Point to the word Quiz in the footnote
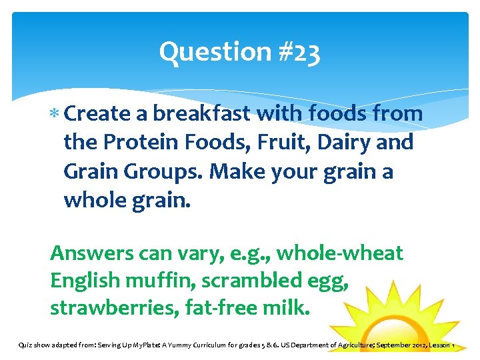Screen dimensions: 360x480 click(x=25, y=345)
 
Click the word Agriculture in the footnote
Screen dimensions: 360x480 click(x=345, y=345)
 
